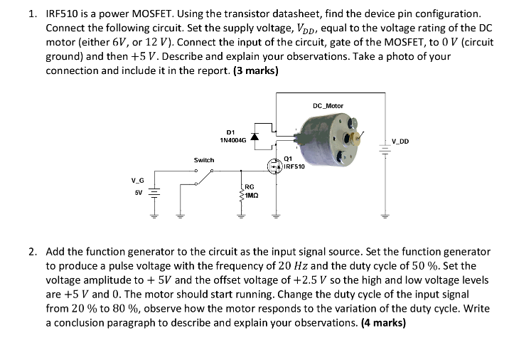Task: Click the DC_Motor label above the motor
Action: point(327,106)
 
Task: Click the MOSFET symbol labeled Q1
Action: point(274,166)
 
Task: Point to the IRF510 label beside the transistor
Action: point(294,166)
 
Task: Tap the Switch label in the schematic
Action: point(204,160)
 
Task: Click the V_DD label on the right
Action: point(400,140)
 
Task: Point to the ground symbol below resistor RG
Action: point(242,215)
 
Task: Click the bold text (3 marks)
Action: point(252,71)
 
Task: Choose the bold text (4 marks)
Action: point(381,322)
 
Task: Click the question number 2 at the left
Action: point(33,252)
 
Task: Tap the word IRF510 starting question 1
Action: point(61,14)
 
